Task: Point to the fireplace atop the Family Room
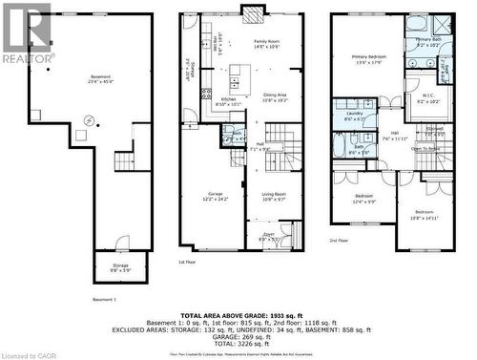click(253, 12)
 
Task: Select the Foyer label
click(270, 235)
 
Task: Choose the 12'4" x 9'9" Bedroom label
click(363, 198)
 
